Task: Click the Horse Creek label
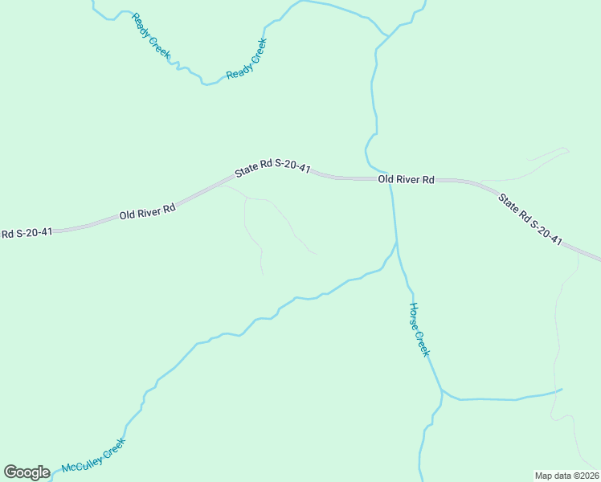421,329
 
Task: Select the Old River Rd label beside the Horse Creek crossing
406,180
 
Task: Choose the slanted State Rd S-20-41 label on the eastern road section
529,219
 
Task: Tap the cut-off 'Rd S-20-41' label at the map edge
27,233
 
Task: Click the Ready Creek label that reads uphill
246,59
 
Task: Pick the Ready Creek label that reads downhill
151,35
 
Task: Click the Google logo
27,472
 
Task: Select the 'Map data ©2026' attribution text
566,475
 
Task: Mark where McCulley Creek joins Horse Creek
397,242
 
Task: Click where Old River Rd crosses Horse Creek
390,180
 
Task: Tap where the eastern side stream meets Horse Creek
441,390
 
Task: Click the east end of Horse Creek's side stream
561,390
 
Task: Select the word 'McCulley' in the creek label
85,460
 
